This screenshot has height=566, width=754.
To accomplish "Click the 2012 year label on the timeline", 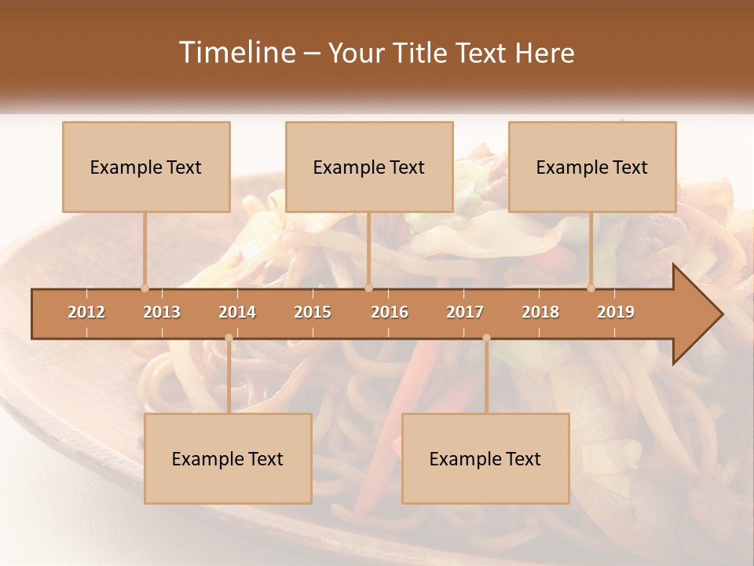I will pyautogui.click(x=86, y=312).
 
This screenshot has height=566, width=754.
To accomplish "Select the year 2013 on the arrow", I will pyautogui.click(x=162, y=312).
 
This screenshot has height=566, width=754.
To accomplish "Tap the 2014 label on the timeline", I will pyautogui.click(x=237, y=312).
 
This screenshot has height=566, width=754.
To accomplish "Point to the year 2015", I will pyautogui.click(x=313, y=312).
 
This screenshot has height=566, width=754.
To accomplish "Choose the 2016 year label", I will pyautogui.click(x=390, y=312).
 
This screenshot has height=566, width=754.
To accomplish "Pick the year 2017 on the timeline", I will pyautogui.click(x=465, y=312).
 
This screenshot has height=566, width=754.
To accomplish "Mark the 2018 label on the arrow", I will pyautogui.click(x=540, y=312).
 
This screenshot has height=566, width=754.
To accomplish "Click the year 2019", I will pyautogui.click(x=616, y=312).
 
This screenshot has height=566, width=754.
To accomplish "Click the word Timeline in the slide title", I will pyautogui.click(x=236, y=53).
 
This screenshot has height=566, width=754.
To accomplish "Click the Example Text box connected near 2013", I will pyautogui.click(x=146, y=167).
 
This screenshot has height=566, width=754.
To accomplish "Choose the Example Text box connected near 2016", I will pyautogui.click(x=369, y=167).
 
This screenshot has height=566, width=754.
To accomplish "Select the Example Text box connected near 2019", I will pyautogui.click(x=592, y=167).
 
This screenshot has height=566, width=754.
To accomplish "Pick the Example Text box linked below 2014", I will pyautogui.click(x=228, y=458).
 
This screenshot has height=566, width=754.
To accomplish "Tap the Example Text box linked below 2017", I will pyautogui.click(x=485, y=458).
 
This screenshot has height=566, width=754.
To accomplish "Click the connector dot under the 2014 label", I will pyautogui.click(x=229, y=338).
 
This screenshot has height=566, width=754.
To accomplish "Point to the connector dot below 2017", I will pyautogui.click(x=486, y=338).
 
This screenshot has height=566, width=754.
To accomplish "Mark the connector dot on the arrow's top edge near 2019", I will pyautogui.click(x=591, y=289).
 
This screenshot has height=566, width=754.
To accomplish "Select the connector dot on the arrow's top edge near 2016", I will pyautogui.click(x=368, y=289).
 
